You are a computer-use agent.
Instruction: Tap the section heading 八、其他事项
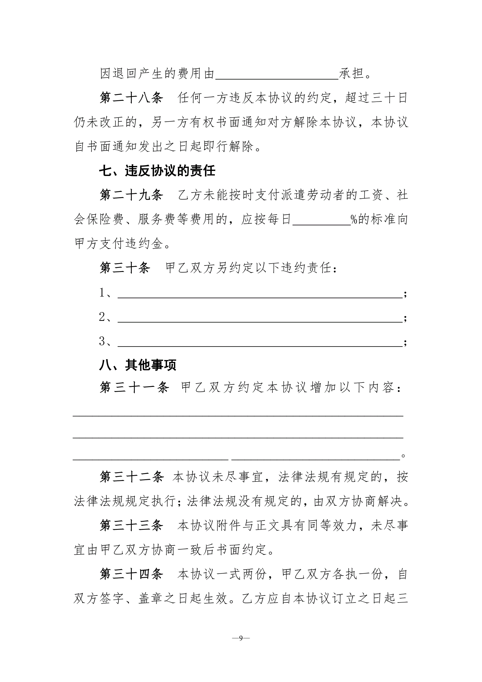(x=138, y=365)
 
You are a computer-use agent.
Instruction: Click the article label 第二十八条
(x=131, y=98)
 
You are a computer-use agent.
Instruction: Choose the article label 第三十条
(x=125, y=268)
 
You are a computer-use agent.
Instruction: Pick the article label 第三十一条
(x=134, y=388)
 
